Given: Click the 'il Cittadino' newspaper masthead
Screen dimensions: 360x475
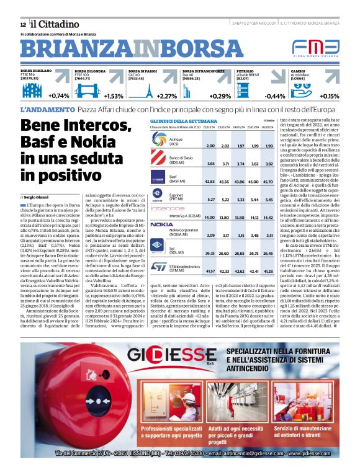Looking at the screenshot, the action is [49, 24].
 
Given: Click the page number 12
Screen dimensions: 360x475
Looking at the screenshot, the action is [23, 24].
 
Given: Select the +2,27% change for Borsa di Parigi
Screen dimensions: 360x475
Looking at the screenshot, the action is [167, 97].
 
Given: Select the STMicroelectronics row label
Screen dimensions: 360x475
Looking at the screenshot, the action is [186, 269].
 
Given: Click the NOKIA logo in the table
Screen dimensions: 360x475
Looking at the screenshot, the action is [161, 224].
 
